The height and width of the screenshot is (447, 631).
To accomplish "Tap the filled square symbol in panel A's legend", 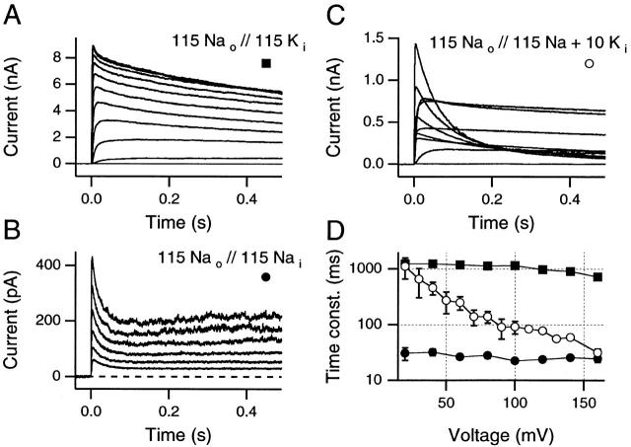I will coord(265,64).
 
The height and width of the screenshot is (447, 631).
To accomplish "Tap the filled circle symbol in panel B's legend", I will coord(265,277).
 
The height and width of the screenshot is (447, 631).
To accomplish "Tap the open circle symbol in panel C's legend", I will coord(589,64).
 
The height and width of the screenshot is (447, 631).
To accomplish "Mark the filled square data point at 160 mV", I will coord(598,277).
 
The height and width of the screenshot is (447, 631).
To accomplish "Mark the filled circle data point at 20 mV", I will coord(405,353).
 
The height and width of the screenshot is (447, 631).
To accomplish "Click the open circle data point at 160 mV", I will coord(598,352).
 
